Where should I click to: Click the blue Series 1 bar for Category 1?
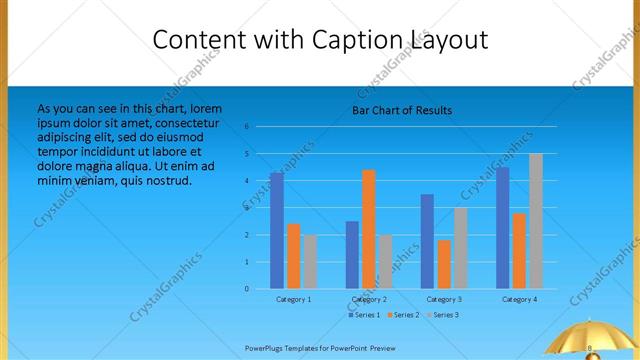pos(277,231)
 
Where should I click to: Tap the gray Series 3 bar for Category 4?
pos(536,221)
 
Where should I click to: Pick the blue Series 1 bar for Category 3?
pos(427,241)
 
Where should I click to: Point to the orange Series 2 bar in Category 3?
pos(444,264)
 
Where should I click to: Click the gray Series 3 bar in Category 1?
pos(310,262)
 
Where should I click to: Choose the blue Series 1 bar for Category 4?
pos(502,228)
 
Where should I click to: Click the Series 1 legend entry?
pos(365,315)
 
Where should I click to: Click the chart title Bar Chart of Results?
pos(402,110)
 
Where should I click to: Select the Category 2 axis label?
pos(369,299)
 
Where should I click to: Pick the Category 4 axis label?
pos(519,299)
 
